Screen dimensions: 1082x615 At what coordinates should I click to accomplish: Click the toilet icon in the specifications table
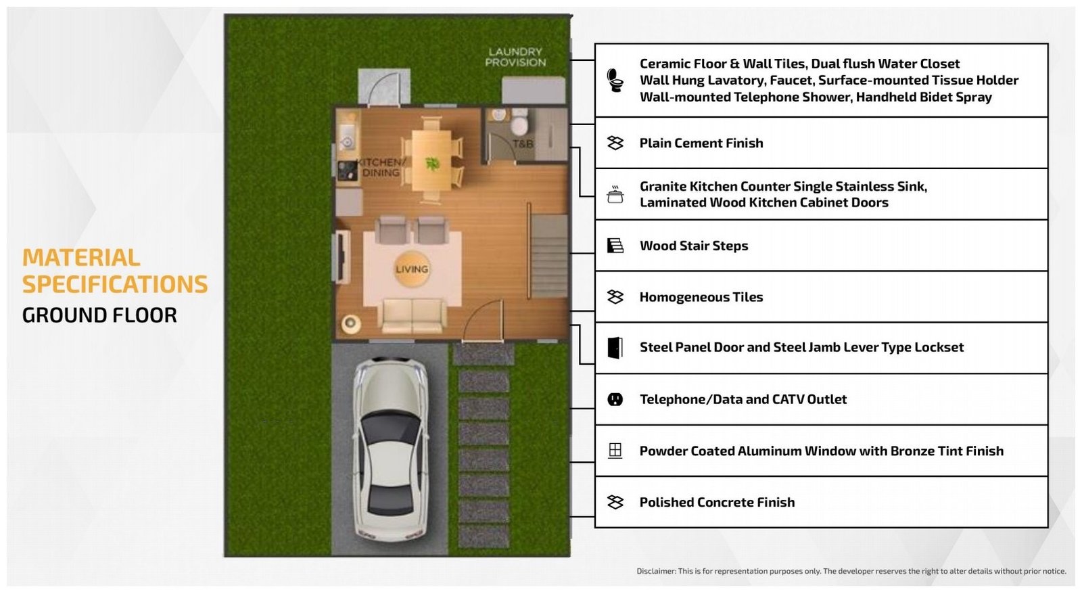[615, 81]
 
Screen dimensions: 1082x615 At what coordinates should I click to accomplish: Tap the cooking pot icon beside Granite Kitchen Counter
[615, 195]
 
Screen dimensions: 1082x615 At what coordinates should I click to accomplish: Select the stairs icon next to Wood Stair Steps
[615, 246]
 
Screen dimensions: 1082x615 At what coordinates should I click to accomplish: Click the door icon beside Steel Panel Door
[615, 348]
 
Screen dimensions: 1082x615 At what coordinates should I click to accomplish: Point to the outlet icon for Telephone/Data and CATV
[615, 400]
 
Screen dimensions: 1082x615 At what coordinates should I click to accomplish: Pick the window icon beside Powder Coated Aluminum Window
[615, 451]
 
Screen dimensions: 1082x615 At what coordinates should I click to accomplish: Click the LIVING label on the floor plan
[412, 269]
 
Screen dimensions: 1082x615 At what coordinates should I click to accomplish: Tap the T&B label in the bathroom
[523, 143]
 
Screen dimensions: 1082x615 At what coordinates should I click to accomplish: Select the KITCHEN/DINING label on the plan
[381, 167]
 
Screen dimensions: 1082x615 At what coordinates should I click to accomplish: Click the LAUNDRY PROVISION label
[515, 57]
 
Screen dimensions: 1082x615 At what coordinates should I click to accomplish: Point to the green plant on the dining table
[432, 164]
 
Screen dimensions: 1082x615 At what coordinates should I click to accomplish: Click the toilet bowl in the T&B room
[520, 122]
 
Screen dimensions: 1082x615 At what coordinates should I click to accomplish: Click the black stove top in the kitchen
[347, 170]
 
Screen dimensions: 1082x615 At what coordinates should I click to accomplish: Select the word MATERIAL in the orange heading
[81, 258]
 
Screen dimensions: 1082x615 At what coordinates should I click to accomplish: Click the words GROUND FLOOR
[99, 315]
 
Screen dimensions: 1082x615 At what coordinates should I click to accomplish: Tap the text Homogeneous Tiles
[701, 296]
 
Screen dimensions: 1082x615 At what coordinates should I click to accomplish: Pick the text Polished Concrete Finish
[717, 503]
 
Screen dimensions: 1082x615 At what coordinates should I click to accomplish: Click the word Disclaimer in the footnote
[656, 571]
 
